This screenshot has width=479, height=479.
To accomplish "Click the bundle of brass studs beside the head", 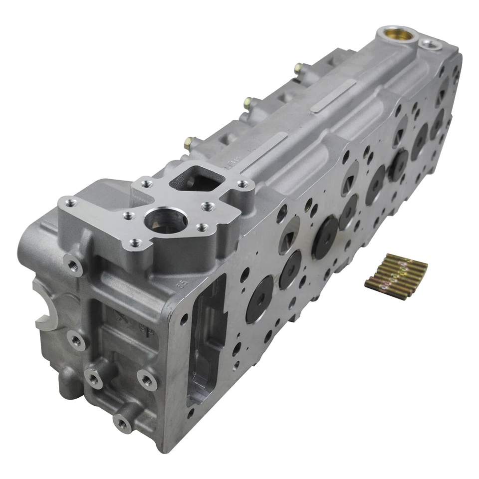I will coord(396,276).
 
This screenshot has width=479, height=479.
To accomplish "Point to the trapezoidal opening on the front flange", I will coord(196,178).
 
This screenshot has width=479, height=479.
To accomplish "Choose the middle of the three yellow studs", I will coord(247,103).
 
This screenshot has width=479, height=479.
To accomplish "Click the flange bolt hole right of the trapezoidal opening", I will coord(242,185).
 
